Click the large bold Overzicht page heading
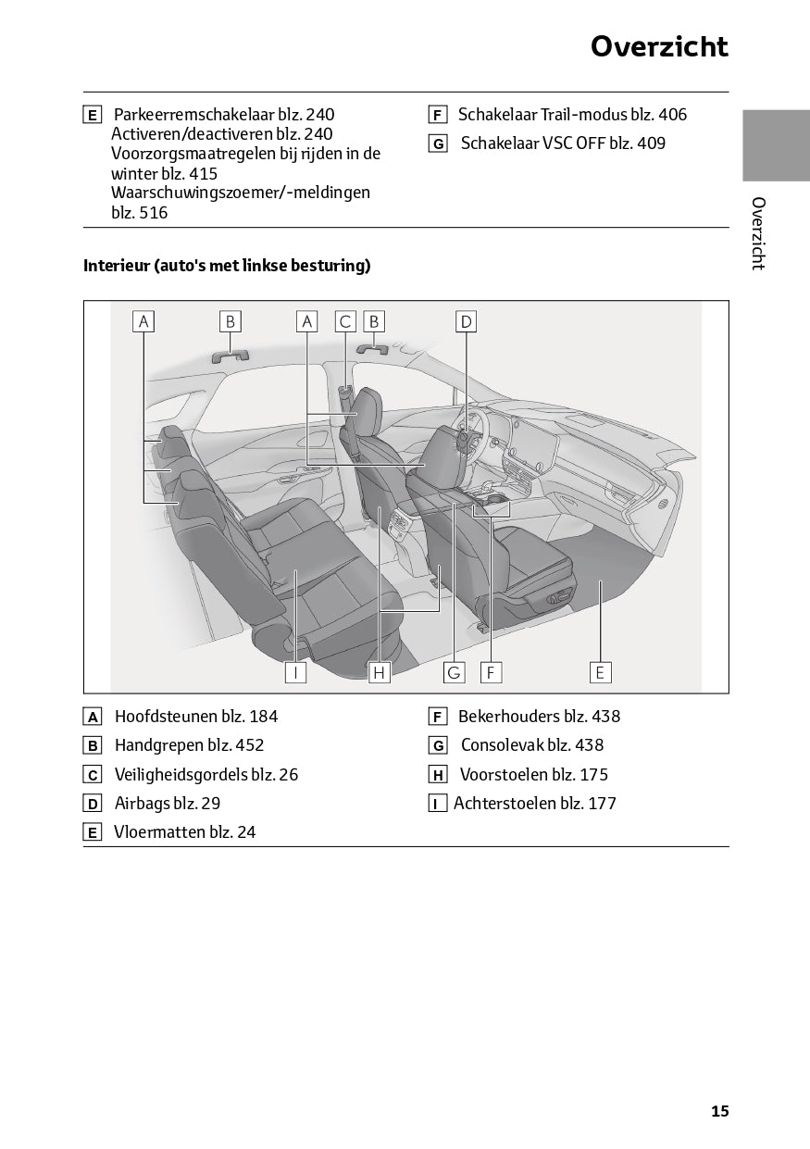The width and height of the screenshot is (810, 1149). (659, 47)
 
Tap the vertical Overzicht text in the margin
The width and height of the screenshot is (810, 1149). (757, 233)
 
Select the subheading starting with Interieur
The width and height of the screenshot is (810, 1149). (227, 266)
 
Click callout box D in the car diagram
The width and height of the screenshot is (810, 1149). (466, 321)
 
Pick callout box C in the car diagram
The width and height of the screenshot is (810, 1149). (344, 321)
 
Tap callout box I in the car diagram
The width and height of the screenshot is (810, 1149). (295, 672)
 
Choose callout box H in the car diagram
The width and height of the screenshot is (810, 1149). (379, 672)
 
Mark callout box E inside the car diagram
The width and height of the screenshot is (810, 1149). (600, 672)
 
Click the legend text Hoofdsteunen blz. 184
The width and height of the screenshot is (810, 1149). (195, 717)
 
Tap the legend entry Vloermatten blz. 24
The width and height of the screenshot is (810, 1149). (184, 832)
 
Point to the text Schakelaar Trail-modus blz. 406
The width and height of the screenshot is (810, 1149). (572, 115)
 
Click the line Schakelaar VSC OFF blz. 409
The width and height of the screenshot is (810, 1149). (562, 144)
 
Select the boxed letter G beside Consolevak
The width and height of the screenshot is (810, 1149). (438, 746)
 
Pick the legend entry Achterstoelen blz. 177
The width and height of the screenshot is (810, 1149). (534, 804)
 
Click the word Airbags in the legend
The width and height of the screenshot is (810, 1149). (143, 804)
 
